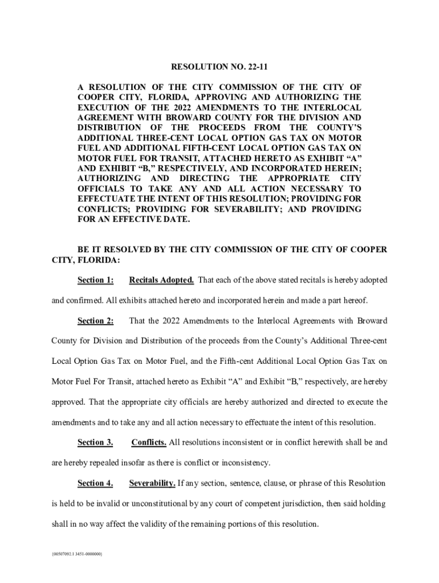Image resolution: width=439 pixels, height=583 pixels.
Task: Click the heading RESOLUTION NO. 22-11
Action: click(x=219, y=68)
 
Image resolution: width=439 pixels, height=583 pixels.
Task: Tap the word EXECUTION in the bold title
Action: click(x=102, y=108)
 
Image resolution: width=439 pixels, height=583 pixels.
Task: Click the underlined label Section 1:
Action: click(x=95, y=280)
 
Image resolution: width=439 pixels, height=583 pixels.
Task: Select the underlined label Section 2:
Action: click(x=95, y=321)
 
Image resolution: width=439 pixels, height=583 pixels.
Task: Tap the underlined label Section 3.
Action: click(x=95, y=442)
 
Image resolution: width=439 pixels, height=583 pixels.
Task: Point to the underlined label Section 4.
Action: click(x=95, y=483)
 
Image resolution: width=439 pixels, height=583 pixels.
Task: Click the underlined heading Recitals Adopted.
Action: click(x=162, y=280)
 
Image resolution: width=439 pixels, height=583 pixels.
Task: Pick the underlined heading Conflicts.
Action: click(x=149, y=442)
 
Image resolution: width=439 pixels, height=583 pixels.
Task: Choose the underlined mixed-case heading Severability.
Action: click(x=152, y=483)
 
